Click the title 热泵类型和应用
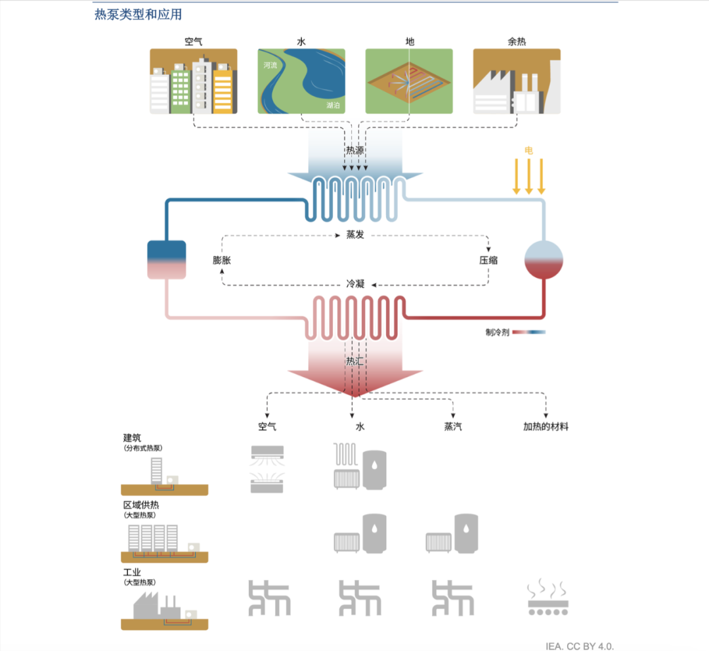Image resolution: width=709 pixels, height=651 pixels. tap(138, 14)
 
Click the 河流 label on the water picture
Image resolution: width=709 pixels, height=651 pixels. tap(270, 66)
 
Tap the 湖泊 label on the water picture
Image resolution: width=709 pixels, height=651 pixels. tap(333, 105)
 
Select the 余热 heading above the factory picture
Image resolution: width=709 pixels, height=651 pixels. tap(517, 41)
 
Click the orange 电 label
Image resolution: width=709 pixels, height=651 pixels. tap(528, 150)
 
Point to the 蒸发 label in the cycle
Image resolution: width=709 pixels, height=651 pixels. tap(355, 235)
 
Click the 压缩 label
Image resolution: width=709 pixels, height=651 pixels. tap(488, 260)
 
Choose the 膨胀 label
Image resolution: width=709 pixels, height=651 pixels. tap(222, 260)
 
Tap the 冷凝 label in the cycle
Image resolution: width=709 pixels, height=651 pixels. tap(355, 284)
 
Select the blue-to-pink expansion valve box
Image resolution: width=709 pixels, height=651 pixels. tap(167, 259)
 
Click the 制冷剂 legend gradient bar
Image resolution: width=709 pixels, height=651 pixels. tap(529, 332)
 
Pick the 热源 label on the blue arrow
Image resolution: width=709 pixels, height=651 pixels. tap(355, 150)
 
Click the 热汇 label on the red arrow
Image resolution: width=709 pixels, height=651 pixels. tap(355, 361)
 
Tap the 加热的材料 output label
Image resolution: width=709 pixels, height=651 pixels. tap(546, 426)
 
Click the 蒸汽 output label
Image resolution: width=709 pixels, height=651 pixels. tap(453, 426)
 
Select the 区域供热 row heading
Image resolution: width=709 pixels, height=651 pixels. tap(141, 505)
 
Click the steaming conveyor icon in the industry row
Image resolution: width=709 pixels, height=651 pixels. tap(548, 598)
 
